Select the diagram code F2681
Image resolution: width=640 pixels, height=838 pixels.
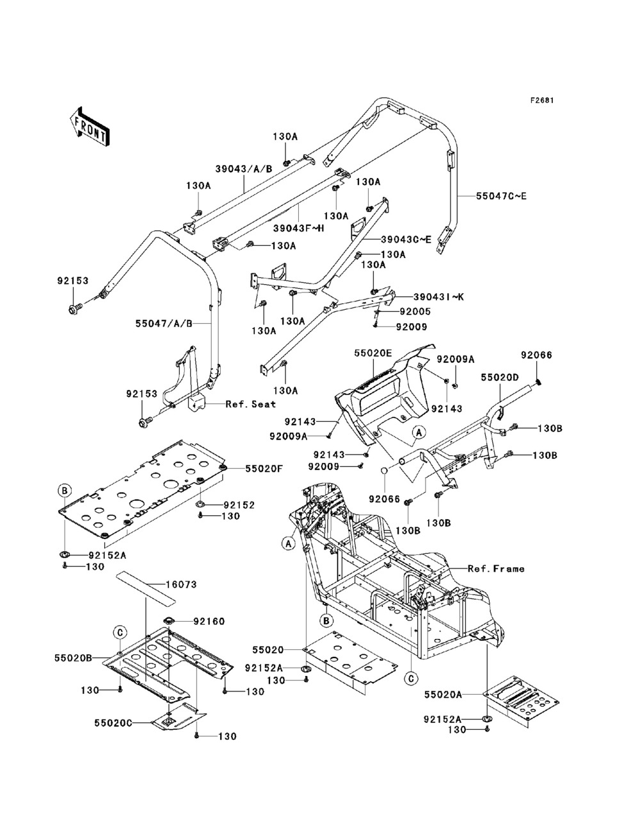point(541,101)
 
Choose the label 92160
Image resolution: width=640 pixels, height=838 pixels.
point(191,621)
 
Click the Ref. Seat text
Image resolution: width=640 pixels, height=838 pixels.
point(250,404)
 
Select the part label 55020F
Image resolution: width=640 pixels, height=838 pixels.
point(244,469)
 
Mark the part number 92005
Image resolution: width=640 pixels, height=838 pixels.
point(415,312)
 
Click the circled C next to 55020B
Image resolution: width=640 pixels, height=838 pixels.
point(119,632)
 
